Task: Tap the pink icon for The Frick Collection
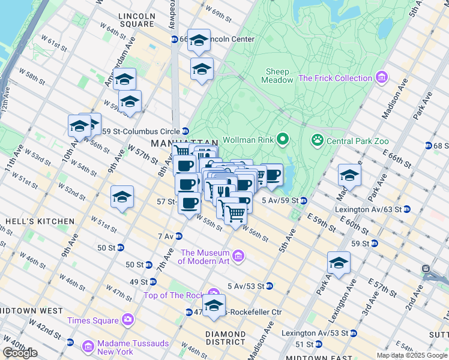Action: [x=381, y=78]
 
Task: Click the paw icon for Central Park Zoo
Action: [x=316, y=140]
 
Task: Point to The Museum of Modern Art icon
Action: [x=238, y=257]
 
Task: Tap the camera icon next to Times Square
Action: [x=127, y=320]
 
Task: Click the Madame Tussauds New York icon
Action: [x=88, y=346]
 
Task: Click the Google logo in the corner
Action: [x=20, y=353]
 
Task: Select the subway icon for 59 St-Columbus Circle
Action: [x=185, y=131]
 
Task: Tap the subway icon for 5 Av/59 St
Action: [x=304, y=200]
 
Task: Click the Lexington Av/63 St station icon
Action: [x=407, y=209]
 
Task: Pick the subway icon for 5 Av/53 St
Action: [x=270, y=286]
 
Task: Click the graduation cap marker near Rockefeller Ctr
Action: [x=214, y=306]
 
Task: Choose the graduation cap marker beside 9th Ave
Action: [x=122, y=197]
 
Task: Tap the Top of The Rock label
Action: [x=172, y=295]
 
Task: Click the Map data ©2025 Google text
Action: [x=411, y=355]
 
